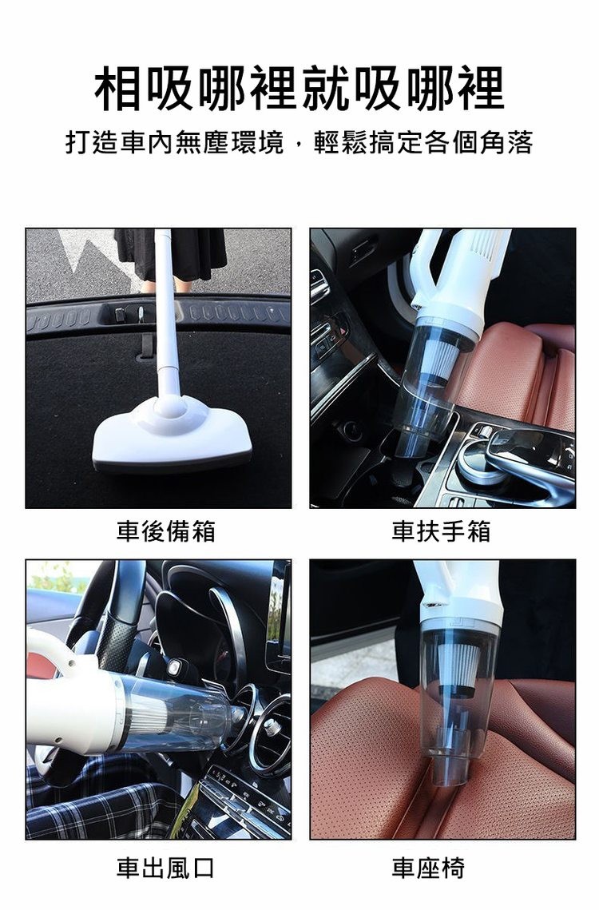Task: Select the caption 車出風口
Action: click(166, 868)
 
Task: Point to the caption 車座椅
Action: click(429, 868)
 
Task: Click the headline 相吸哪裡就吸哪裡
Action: click(299, 89)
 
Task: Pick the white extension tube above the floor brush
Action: click(166, 320)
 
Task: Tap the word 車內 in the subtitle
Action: click(148, 144)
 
